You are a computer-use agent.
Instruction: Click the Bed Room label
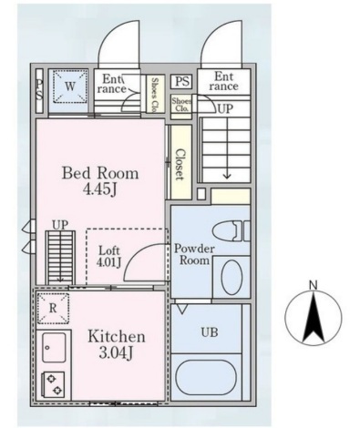click(x=100, y=173)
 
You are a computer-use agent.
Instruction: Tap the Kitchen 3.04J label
click(x=117, y=344)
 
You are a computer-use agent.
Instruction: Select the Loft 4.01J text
click(x=109, y=257)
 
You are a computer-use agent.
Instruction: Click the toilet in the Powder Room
click(x=231, y=230)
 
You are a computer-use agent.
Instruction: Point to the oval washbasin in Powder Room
click(x=231, y=277)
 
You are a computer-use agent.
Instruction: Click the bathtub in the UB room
click(x=207, y=377)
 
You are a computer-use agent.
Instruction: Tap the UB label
click(x=210, y=332)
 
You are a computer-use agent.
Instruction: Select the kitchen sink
click(x=54, y=348)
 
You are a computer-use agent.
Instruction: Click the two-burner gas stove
click(x=53, y=384)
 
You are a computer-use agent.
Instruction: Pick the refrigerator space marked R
click(x=53, y=308)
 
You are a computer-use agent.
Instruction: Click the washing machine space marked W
click(x=70, y=87)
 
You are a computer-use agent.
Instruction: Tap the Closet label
click(x=180, y=164)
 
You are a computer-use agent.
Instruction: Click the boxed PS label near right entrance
click(x=182, y=81)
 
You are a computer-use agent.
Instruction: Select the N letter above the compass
click(x=314, y=285)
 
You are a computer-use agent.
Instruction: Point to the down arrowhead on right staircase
click(x=227, y=176)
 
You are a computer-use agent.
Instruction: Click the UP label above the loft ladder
click(x=60, y=225)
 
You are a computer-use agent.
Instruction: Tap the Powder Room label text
click(x=194, y=254)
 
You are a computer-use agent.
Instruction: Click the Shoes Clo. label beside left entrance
click(x=155, y=95)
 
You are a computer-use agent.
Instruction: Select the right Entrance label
click(x=224, y=81)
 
